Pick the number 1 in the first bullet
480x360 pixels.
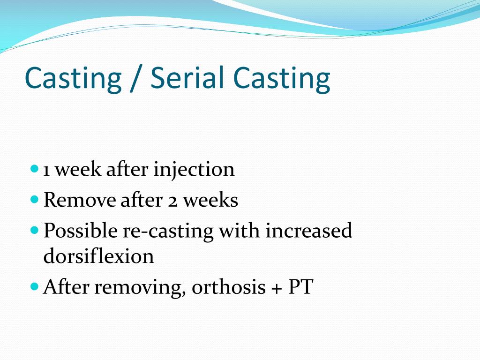[47, 169]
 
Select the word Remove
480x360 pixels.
[79, 200]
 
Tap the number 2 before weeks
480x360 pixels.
[172, 201]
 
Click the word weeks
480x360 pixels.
[210, 200]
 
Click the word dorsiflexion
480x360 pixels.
[98, 256]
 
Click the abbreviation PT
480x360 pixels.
[300, 287]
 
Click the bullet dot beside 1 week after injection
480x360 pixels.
[34, 168]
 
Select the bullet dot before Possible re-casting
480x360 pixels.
[34, 230]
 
